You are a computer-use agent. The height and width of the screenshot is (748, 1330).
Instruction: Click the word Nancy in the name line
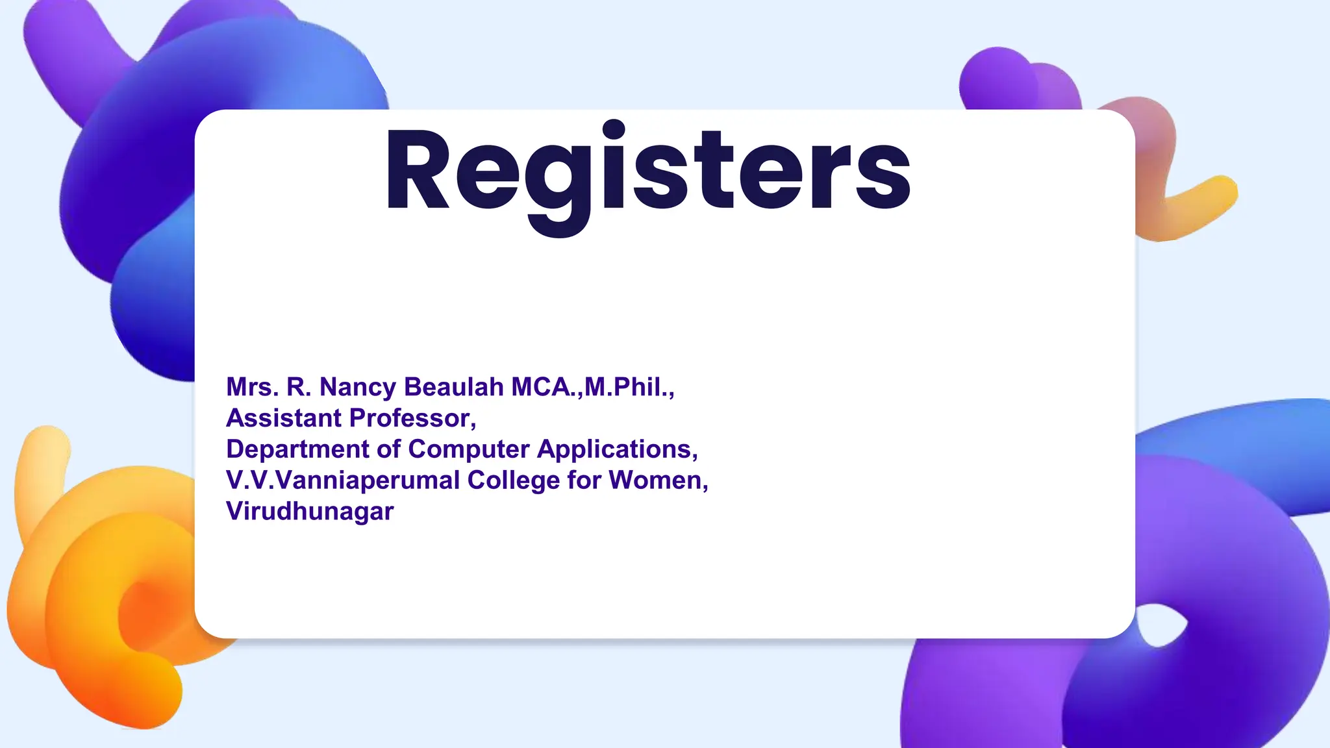point(357,387)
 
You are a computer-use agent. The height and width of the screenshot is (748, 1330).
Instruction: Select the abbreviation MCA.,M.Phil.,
point(593,387)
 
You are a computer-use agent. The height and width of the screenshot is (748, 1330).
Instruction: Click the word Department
point(298,449)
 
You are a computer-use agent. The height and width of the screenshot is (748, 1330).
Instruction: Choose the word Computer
point(468,449)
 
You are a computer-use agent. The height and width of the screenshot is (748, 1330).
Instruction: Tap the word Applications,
point(618,449)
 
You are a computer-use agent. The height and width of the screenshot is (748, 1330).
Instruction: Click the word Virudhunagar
point(310,512)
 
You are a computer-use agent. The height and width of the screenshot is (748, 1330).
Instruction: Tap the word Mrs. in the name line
point(252,387)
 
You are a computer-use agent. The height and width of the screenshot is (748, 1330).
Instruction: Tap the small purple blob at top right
point(1000,78)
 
